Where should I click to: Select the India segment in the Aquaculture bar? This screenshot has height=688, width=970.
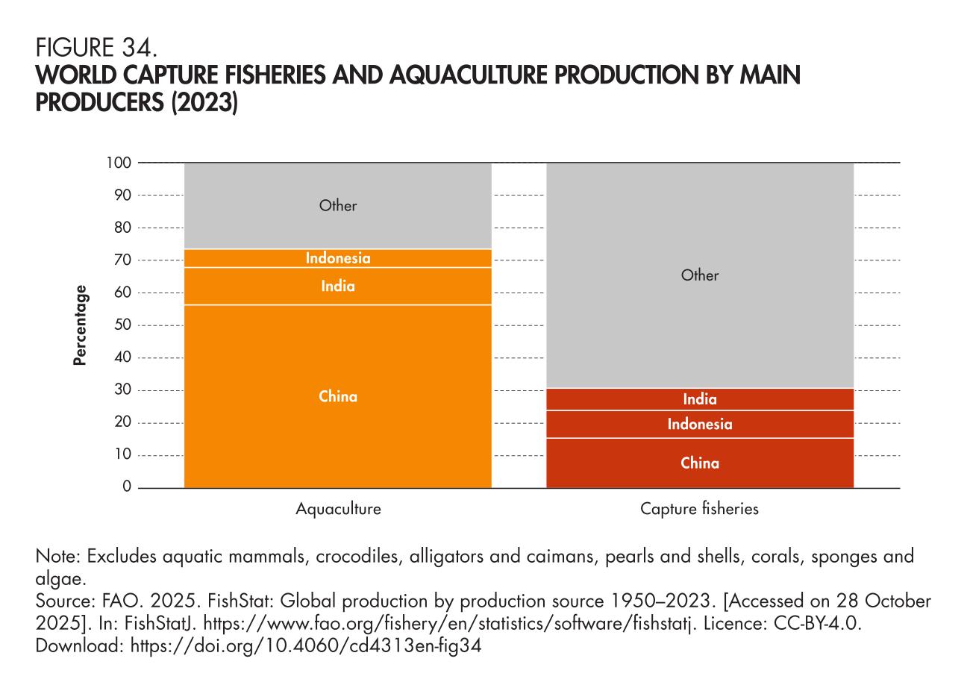[x=338, y=286]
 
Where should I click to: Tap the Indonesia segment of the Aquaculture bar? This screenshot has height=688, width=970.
[x=338, y=258]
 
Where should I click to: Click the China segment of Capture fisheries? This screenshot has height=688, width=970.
[x=700, y=463]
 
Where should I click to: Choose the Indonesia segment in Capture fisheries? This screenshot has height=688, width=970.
[x=700, y=425]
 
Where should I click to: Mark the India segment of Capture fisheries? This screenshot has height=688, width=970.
[x=700, y=399]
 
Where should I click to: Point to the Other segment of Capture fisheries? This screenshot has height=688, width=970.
[x=700, y=275]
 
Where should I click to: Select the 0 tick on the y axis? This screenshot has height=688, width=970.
[x=127, y=487]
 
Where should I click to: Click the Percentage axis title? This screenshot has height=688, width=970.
[x=80, y=325]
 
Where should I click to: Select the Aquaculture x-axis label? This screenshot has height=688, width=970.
[x=338, y=510]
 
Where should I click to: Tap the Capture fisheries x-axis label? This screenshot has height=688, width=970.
[x=699, y=510]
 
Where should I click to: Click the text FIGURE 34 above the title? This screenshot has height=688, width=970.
[x=96, y=50]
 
